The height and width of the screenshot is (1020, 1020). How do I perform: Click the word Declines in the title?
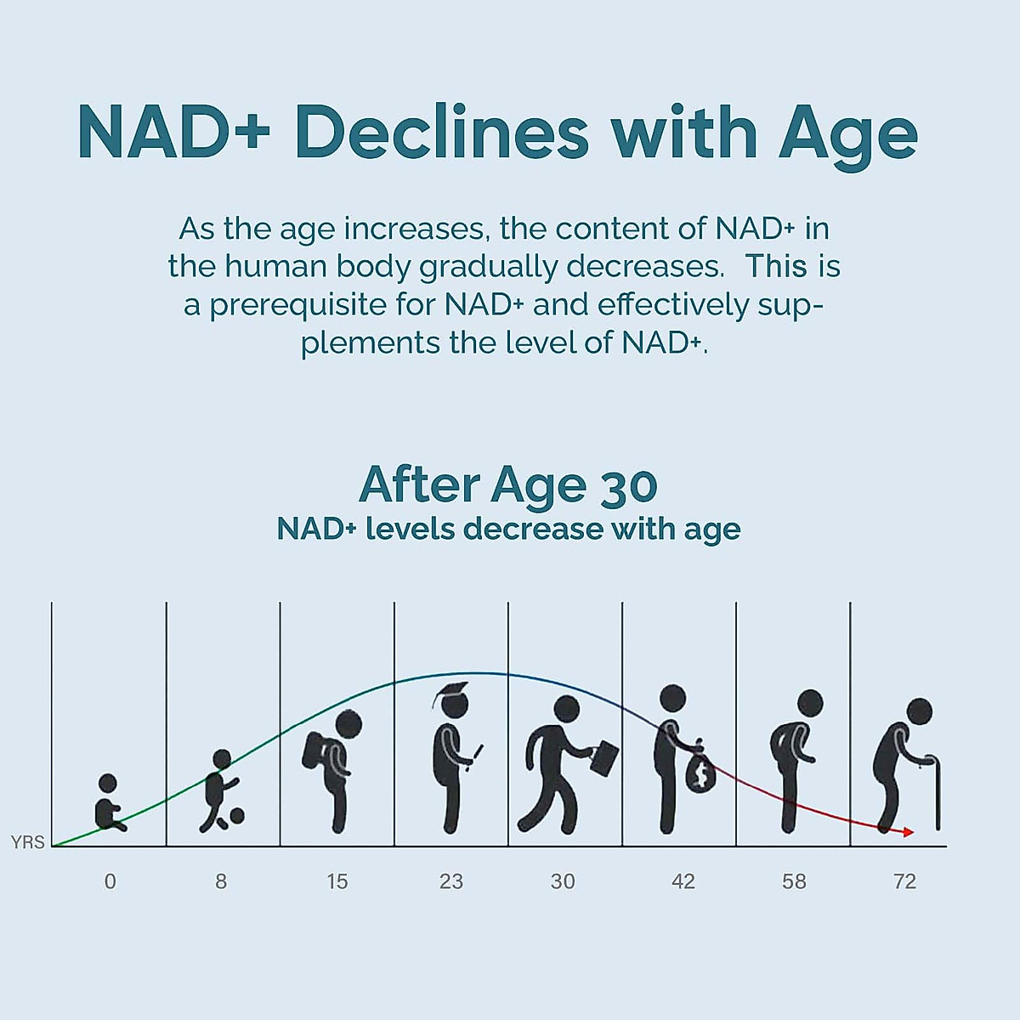(x=441, y=133)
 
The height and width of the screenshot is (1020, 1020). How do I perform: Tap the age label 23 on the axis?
(x=451, y=881)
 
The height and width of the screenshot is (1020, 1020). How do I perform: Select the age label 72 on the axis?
(x=905, y=881)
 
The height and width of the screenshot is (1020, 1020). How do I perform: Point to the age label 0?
(x=110, y=881)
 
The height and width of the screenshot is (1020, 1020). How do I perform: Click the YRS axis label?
(x=27, y=842)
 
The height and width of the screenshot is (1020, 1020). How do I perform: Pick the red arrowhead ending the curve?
(x=909, y=832)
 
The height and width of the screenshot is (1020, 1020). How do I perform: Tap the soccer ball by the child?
(x=236, y=816)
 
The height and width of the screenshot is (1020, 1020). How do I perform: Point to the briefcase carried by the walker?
(x=605, y=757)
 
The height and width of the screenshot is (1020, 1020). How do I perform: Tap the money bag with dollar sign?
(x=700, y=773)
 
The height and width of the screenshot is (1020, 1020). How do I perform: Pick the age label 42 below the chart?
(x=683, y=881)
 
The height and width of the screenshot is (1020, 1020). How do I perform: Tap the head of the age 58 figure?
(x=810, y=703)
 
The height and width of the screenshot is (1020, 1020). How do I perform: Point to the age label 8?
(x=221, y=881)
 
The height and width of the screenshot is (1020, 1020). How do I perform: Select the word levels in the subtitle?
(x=411, y=529)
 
